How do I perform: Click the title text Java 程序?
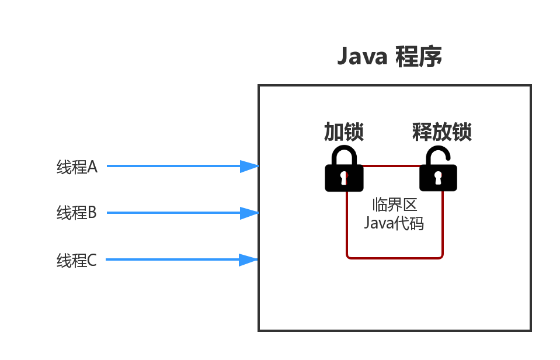tap(389, 57)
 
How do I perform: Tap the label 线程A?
tap(76, 167)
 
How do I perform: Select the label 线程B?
tap(76, 213)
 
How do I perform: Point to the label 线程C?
tap(76, 260)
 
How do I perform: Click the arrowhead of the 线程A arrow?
tap(250, 166)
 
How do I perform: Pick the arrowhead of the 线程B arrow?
tap(250, 213)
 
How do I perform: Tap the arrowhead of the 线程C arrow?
tap(249, 259)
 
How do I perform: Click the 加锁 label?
tap(344, 132)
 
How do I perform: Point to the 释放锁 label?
tap(441, 132)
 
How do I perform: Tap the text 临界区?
tap(394, 205)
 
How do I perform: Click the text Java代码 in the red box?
tap(394, 223)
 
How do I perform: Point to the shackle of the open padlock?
tap(437, 154)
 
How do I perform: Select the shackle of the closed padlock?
tap(344, 155)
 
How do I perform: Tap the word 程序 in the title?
tap(418, 57)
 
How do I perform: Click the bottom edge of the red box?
tap(395, 258)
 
